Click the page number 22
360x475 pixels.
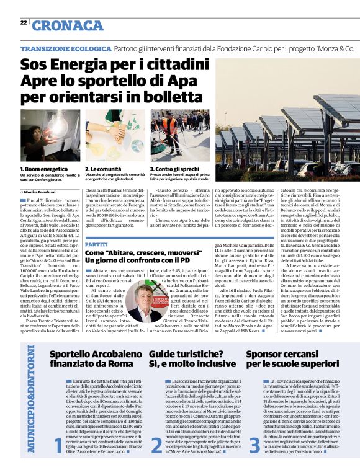(x=24, y=22)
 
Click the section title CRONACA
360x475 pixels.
(x=68, y=25)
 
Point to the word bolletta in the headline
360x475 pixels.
(x=160, y=97)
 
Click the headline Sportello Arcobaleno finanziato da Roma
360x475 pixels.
(x=90, y=360)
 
